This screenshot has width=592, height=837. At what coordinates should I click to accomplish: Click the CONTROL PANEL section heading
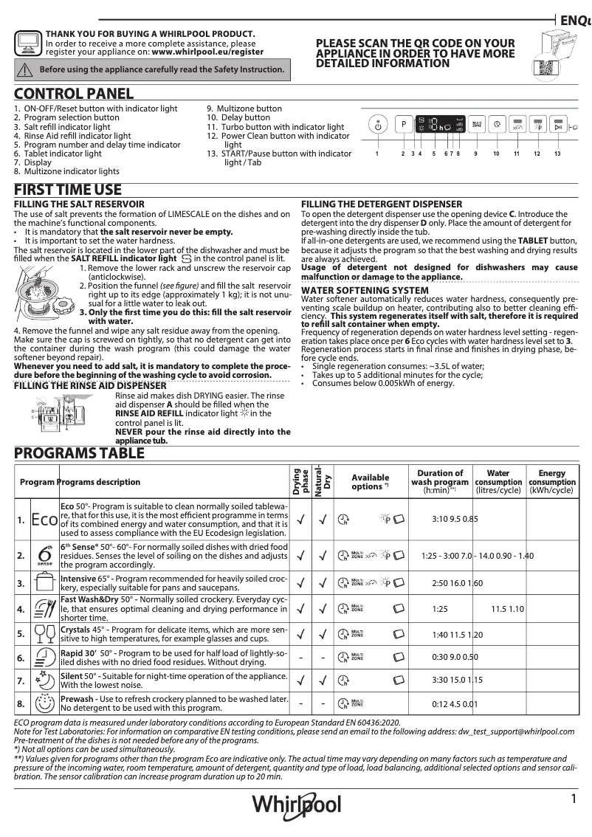click(74, 94)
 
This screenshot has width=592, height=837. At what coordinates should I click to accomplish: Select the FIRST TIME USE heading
click(68, 190)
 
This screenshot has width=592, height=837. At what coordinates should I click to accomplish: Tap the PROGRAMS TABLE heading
click(80, 453)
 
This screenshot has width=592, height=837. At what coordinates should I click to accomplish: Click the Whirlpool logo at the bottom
click(297, 803)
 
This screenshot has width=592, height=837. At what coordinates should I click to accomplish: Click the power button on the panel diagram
click(377, 125)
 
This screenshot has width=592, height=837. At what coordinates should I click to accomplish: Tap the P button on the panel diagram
click(403, 125)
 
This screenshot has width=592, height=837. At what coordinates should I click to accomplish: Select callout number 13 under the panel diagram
click(557, 154)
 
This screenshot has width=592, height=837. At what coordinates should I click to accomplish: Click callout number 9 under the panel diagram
click(476, 154)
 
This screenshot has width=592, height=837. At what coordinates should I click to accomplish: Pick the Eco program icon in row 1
click(44, 520)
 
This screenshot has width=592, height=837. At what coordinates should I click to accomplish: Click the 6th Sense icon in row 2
click(44, 555)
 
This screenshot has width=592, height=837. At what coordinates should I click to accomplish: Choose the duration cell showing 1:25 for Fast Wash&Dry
click(441, 609)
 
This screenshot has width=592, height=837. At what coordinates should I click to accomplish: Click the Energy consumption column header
click(551, 481)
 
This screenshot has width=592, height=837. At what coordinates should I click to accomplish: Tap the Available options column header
click(370, 481)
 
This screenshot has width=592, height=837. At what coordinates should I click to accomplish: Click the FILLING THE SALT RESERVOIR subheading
click(79, 204)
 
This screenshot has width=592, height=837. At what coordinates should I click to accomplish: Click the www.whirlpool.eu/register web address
click(207, 53)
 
